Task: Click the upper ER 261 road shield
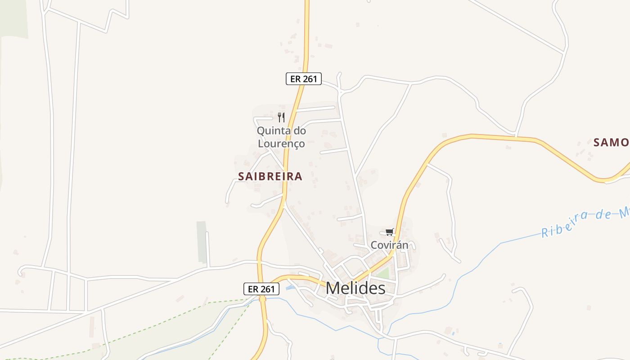click(x=304, y=79)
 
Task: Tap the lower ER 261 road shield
click(x=261, y=289)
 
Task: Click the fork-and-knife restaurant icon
click(x=281, y=117)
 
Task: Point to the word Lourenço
click(x=281, y=144)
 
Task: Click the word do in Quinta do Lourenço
click(x=300, y=131)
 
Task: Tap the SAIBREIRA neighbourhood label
click(x=270, y=176)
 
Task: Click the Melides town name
click(x=355, y=288)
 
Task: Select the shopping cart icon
click(x=389, y=232)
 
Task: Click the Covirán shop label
click(x=389, y=245)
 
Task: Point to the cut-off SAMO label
click(x=611, y=143)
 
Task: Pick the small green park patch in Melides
click(x=383, y=273)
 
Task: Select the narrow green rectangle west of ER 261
click(x=202, y=242)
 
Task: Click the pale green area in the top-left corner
click(x=13, y=18)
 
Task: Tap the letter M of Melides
click(x=333, y=288)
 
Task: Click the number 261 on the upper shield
click(x=310, y=79)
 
